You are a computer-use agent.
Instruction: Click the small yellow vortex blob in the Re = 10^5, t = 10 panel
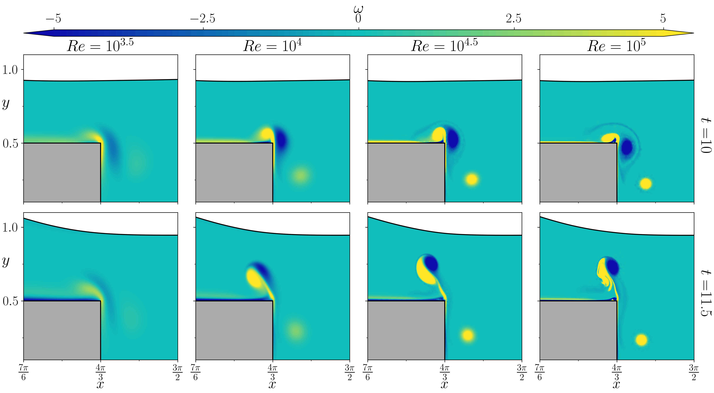646,184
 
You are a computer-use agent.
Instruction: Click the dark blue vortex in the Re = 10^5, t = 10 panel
627,147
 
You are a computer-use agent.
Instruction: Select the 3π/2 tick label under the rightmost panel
694,372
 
